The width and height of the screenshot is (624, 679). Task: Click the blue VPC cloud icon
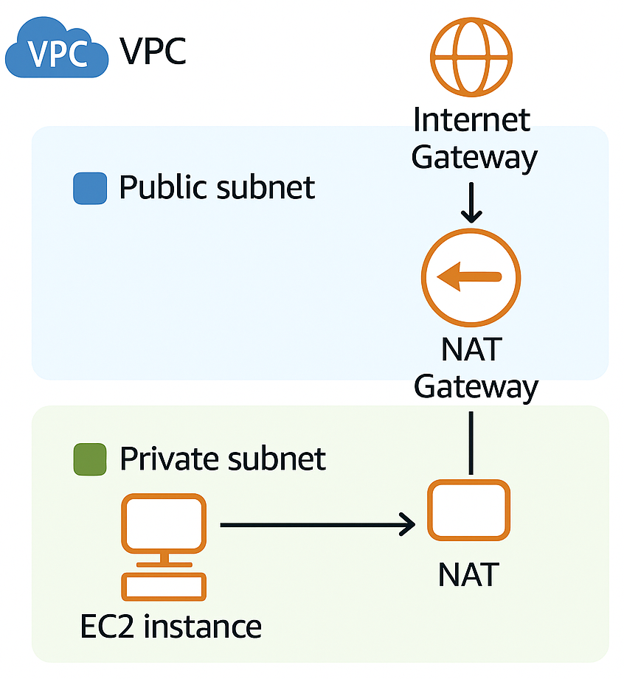[x=55, y=49]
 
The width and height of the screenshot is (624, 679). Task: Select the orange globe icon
[x=471, y=56]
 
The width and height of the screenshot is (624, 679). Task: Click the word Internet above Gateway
[x=471, y=119]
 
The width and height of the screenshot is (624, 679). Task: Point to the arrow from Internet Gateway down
[x=471, y=203]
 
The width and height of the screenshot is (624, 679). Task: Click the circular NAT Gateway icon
[x=471, y=277]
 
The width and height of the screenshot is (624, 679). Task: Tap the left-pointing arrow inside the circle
[x=469, y=277]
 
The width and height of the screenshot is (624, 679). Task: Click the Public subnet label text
[x=217, y=187]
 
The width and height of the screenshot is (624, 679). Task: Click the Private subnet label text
[x=222, y=459]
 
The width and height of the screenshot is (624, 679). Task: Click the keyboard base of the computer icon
[x=163, y=587]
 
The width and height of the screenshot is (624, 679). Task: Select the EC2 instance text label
[x=170, y=627]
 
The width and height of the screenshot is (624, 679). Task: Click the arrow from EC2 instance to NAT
[x=317, y=525]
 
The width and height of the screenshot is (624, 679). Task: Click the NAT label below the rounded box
[x=468, y=574]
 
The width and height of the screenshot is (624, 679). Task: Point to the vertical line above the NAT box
[x=471, y=442]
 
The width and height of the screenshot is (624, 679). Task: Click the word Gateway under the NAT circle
[x=476, y=386]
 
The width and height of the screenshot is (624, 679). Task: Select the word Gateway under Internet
[x=474, y=157]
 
